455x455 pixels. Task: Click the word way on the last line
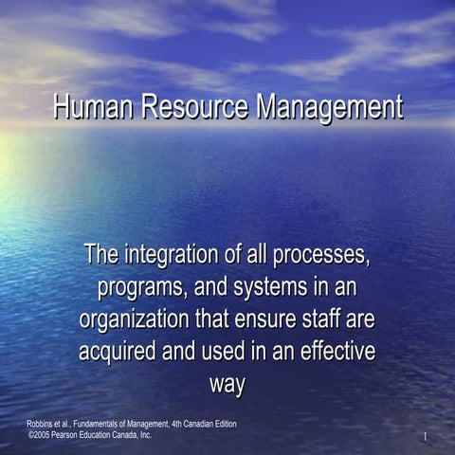pyautogui.click(x=227, y=385)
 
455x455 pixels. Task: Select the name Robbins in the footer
pyautogui.click(x=43, y=422)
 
